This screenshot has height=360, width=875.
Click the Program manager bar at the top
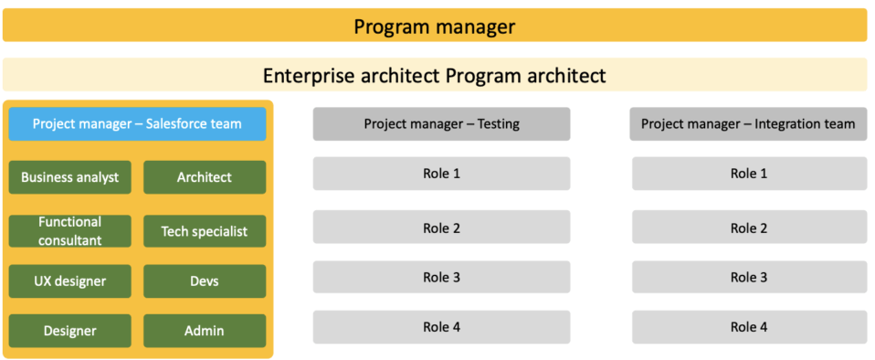[435, 26]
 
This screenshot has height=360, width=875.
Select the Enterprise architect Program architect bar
[435, 75]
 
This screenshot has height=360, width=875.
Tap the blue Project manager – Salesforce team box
[137, 124]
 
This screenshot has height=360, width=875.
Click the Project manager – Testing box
[441, 124]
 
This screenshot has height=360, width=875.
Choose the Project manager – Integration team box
[748, 124]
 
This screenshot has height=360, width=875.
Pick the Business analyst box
[70, 177]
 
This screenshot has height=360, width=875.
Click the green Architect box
[205, 177]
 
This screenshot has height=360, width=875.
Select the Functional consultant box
[70, 231]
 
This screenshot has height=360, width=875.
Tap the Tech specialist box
[205, 231]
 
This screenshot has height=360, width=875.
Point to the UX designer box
[70, 281]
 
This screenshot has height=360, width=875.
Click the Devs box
[205, 281]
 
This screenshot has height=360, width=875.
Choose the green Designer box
[70, 331]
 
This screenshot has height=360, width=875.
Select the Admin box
[205, 331]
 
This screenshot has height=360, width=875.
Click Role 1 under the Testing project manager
[441, 174]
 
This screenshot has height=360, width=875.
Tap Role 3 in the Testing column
[441, 277]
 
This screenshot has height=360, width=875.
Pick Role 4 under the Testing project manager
[441, 327]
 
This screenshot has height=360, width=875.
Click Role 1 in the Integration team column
[749, 174]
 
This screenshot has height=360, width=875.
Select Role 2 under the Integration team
[749, 228]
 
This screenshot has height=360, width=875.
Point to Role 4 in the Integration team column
[749, 327]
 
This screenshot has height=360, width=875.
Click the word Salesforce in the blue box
[176, 124]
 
